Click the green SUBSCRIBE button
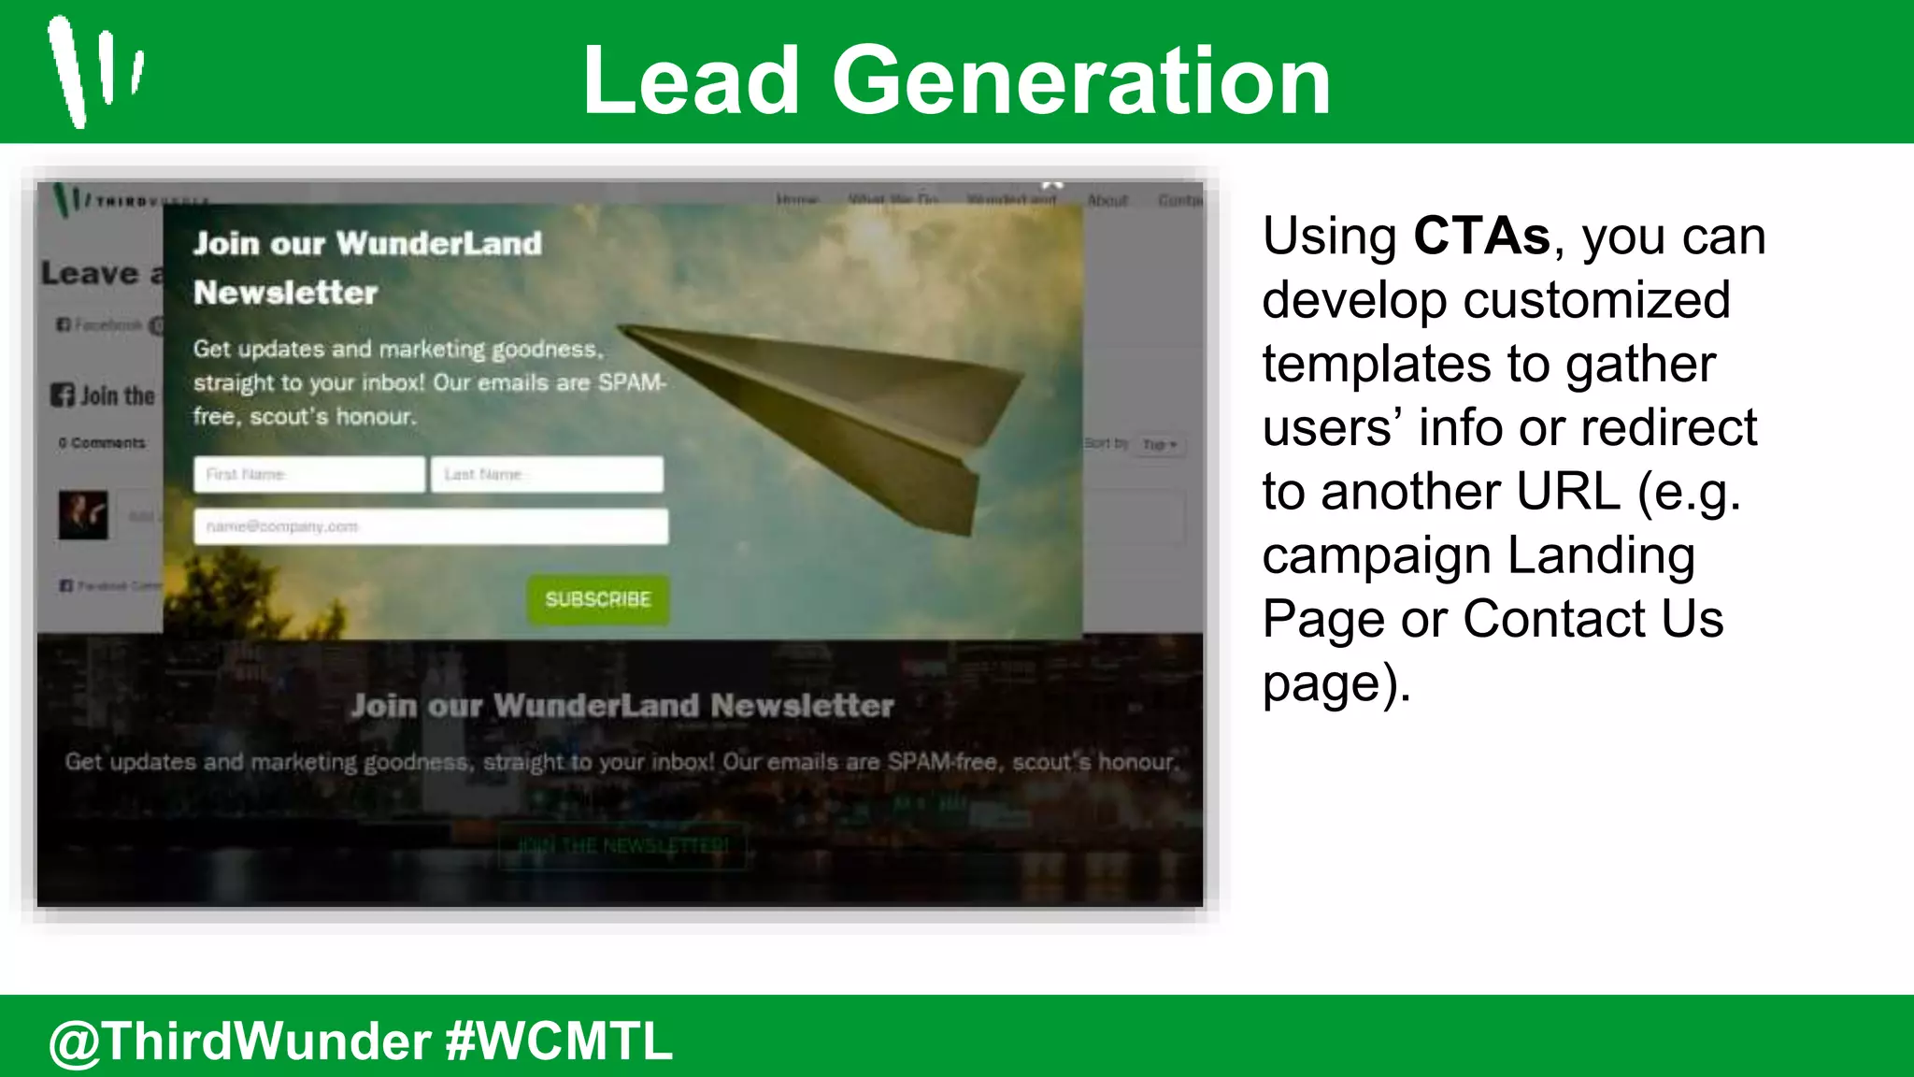[x=598, y=599]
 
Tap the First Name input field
[x=309, y=474]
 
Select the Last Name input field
[x=547, y=474]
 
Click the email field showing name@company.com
[x=431, y=526]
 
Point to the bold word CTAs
[x=1481, y=236]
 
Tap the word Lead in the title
[x=692, y=81]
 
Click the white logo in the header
[x=93, y=70]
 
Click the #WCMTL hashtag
[x=559, y=1041]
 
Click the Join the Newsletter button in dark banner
[x=622, y=846]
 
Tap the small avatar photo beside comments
[x=84, y=515]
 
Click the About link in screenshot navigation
[x=1107, y=200]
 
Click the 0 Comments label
[x=102, y=443]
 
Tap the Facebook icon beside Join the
[x=63, y=395]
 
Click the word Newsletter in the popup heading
[x=286, y=293]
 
